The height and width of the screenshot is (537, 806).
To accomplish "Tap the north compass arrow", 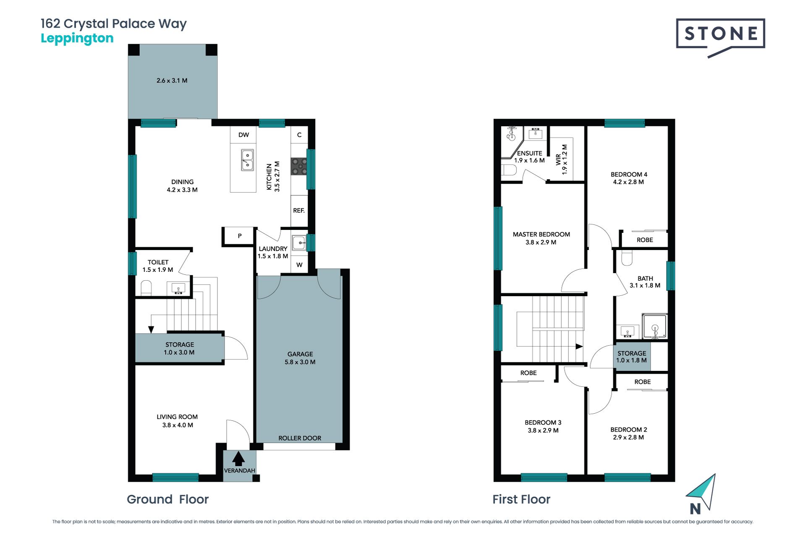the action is pyautogui.click(x=702, y=492).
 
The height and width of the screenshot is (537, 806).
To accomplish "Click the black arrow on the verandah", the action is pyautogui.click(x=238, y=459).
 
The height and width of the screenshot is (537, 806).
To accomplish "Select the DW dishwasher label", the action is pyautogui.click(x=243, y=135).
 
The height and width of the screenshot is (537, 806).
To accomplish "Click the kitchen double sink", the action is pyautogui.click(x=247, y=160).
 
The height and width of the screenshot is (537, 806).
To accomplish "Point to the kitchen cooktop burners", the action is pyautogui.click(x=299, y=166).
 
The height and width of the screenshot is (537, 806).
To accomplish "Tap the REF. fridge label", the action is pyautogui.click(x=299, y=210).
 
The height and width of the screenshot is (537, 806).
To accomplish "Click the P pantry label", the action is pyautogui.click(x=240, y=236).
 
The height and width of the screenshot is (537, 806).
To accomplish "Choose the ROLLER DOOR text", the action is pyautogui.click(x=300, y=438).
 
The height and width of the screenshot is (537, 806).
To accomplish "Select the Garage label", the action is pyautogui.click(x=300, y=354).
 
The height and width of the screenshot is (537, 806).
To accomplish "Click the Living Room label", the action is pyautogui.click(x=177, y=417).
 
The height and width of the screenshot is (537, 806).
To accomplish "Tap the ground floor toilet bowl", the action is pyautogui.click(x=146, y=288).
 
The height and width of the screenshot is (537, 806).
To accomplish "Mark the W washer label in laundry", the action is pyautogui.click(x=299, y=265).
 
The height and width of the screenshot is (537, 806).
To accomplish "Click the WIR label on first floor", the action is pyautogui.click(x=558, y=159).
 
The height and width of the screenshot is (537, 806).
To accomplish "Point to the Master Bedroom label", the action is pyautogui.click(x=542, y=235).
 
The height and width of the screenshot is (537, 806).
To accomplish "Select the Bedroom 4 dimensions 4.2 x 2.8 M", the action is pyautogui.click(x=628, y=182).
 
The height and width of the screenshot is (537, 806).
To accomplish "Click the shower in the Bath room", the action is pyautogui.click(x=654, y=326).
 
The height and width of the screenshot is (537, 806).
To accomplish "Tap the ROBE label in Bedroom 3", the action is pyautogui.click(x=529, y=373).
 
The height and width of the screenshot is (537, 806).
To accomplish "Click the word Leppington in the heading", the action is pyautogui.click(x=77, y=39).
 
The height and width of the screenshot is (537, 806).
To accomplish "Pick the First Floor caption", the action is pyautogui.click(x=521, y=499).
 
